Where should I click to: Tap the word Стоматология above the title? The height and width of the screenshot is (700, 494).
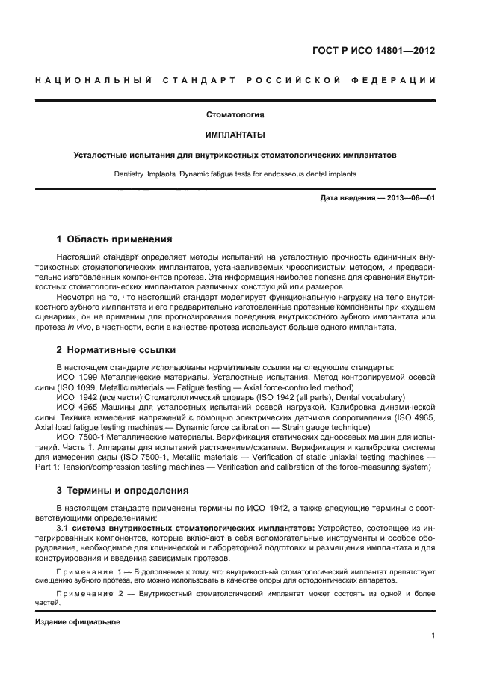[x=235, y=115]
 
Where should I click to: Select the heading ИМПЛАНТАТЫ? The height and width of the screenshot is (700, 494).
[x=235, y=135]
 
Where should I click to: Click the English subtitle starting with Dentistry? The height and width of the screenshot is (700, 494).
[x=235, y=174]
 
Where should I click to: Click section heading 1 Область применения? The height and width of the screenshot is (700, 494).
[x=114, y=239]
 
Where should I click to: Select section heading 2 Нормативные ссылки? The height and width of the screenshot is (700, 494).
[x=116, y=349]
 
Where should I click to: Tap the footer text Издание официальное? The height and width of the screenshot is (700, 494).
[x=78, y=621]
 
